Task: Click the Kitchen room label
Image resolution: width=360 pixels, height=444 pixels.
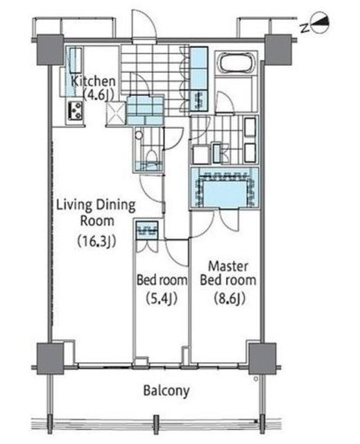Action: pos(93,82)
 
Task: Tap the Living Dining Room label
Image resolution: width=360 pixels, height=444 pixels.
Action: pos(96,213)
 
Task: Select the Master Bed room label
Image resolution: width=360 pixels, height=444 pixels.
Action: pos(228,273)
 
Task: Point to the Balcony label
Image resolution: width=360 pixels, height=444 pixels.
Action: pos(166,391)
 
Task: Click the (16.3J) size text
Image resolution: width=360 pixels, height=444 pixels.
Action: pos(96,241)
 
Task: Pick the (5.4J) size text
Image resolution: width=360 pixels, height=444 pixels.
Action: pos(162,298)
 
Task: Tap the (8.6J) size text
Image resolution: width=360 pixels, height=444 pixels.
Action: pos(229,298)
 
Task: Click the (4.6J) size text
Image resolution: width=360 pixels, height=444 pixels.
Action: pos(98,94)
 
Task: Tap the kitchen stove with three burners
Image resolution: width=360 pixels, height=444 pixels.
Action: pos(76,111)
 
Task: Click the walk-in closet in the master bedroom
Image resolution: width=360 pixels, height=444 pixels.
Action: pos(224,189)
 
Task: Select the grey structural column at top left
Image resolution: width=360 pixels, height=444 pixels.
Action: pos(50,49)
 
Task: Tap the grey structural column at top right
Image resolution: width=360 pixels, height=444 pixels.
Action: pos(278,49)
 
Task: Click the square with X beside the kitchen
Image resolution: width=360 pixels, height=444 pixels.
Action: pos(115,114)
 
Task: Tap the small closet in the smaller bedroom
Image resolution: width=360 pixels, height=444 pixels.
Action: pos(146,230)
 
